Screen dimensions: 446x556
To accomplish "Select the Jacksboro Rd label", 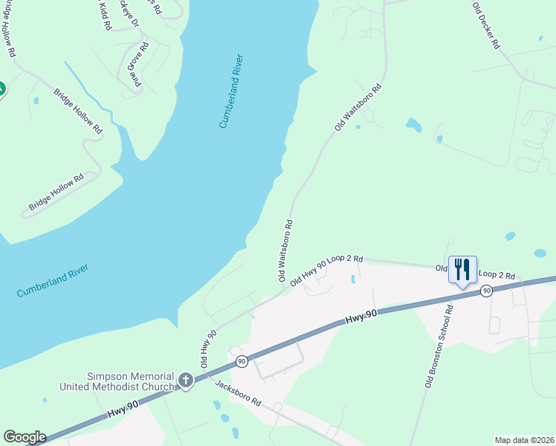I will (238, 393).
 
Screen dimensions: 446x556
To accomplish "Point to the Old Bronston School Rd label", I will (439, 346).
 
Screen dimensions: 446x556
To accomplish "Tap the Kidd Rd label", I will (103, 15).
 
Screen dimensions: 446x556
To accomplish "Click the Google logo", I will (25, 437).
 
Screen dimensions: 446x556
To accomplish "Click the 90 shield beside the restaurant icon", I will (486, 291).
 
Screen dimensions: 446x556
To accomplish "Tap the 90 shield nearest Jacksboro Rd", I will (242, 361).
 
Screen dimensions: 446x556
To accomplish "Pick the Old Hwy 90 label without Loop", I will (207, 347).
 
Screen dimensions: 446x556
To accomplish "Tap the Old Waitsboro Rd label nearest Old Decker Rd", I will (358, 108).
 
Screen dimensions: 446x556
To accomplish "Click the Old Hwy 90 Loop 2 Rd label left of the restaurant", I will (326, 271).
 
